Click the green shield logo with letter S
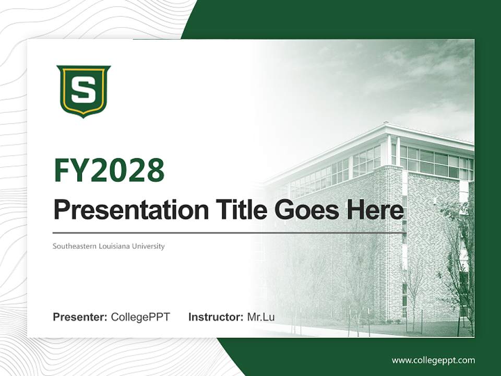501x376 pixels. pyautogui.click(x=83, y=91)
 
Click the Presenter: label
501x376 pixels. pyautogui.click(x=80, y=317)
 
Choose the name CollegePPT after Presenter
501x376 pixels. pyautogui.click(x=140, y=317)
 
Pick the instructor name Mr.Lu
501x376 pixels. pyautogui.click(x=261, y=317)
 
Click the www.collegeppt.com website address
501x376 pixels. pyautogui.click(x=433, y=360)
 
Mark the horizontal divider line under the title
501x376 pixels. pyautogui.click(x=230, y=232)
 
